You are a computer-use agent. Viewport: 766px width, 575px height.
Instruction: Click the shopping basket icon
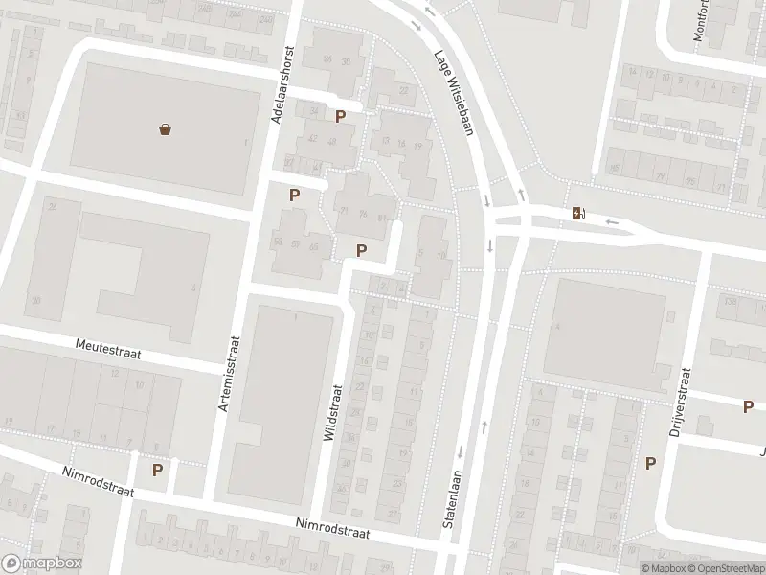coord(166,129)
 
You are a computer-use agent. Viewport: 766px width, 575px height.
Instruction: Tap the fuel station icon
coord(577,213)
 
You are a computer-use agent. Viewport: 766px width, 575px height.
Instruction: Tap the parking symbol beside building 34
coord(340,117)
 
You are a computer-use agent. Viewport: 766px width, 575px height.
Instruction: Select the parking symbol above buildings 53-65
coord(294,195)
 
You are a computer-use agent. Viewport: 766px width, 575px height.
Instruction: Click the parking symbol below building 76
coord(361,250)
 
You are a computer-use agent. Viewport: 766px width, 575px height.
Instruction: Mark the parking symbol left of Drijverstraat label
coord(651,463)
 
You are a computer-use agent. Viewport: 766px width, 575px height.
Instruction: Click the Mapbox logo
coord(41,563)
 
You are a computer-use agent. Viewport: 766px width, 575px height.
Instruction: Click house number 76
coord(363,214)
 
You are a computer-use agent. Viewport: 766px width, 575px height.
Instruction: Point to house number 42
coord(312,138)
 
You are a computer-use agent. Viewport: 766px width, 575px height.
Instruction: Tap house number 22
coord(403,91)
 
